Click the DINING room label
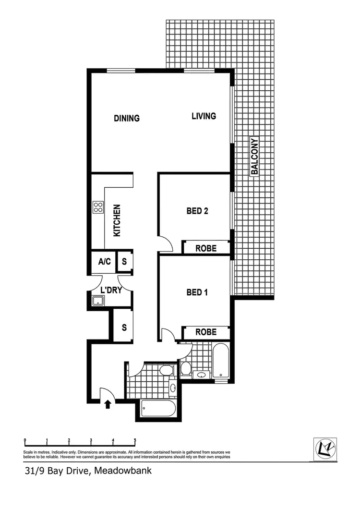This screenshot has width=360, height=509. click(127, 118)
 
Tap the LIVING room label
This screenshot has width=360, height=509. click(204, 116)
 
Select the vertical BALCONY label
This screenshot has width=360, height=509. click(255, 157)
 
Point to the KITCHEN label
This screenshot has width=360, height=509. click(117, 220)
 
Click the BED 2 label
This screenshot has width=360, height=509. click(197, 210)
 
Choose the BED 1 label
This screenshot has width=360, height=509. click(197, 292)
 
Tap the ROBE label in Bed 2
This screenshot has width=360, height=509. click(206, 248)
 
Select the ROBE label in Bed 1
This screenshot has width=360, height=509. click(206, 332)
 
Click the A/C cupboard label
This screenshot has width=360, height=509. click(104, 262)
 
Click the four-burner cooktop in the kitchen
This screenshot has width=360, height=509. click(98, 207)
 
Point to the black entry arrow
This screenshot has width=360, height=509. click(108, 404)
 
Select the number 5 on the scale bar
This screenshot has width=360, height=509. click(135, 440)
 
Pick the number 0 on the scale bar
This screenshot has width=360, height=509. click(24, 440)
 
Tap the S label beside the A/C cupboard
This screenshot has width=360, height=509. click(124, 262)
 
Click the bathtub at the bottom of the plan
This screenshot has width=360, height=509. click(158, 410)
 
